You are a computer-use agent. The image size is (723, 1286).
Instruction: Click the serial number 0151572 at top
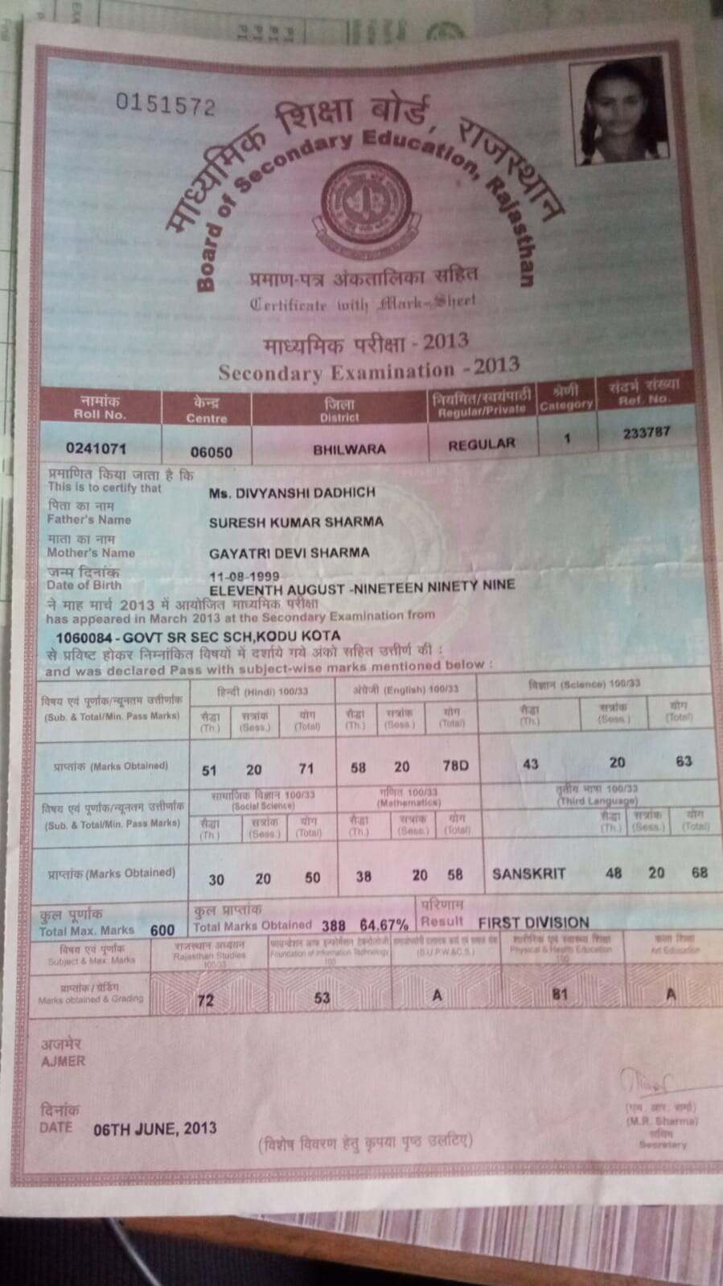tap(166, 105)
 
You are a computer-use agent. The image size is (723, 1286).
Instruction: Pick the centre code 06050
tap(210, 452)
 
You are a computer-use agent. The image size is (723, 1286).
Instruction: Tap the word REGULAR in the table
tap(481, 444)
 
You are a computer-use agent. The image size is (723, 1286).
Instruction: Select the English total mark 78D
tap(455, 766)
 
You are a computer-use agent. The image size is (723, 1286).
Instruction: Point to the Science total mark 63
tap(684, 761)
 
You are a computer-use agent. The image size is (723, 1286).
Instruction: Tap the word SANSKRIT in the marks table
tap(528, 873)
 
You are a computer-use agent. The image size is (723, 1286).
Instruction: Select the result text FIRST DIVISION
tap(533, 922)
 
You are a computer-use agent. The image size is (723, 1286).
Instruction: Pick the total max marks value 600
tap(162, 930)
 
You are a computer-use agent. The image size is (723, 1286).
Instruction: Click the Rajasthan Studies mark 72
tap(206, 1000)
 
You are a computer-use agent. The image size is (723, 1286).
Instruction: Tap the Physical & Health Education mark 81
tap(560, 993)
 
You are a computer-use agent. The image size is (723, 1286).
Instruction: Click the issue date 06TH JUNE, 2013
tap(155, 1128)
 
